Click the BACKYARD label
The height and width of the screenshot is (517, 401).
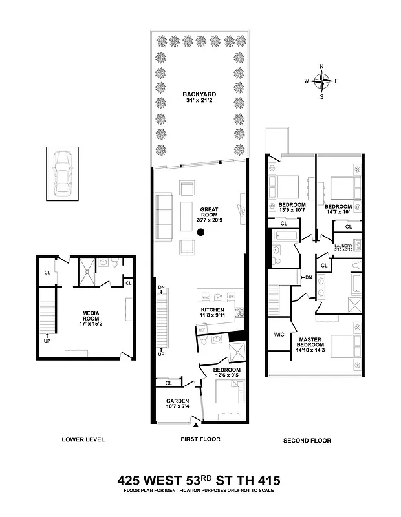[x=199, y=95]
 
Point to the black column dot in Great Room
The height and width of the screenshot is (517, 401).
[x=201, y=232]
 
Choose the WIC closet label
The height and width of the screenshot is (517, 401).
[x=279, y=335]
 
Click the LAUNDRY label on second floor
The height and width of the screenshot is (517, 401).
[x=343, y=246]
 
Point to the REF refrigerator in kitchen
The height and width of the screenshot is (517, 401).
[x=202, y=329]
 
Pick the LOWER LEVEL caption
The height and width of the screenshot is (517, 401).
[x=83, y=440]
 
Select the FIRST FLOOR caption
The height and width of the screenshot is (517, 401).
[x=200, y=439]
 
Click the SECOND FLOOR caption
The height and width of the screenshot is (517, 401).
[x=307, y=441]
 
